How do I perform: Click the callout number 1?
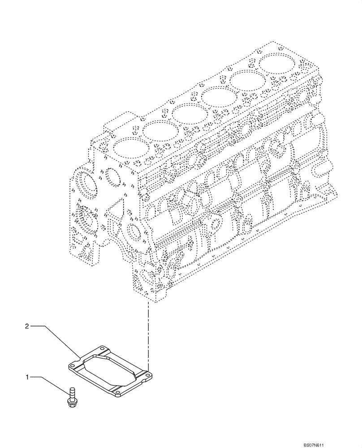tap(27, 378)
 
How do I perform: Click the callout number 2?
tap(27, 327)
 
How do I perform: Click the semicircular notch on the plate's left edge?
tap(81, 358)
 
